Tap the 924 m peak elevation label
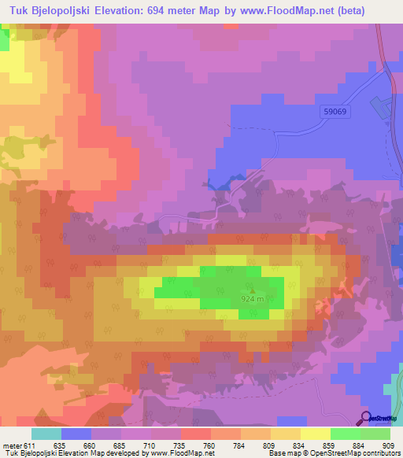pyautogui.click(x=253, y=299)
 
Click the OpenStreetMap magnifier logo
pyautogui.click(x=366, y=417)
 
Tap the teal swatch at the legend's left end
pyautogui.click(x=46, y=434)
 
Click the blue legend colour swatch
pyautogui.click(x=76, y=434)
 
